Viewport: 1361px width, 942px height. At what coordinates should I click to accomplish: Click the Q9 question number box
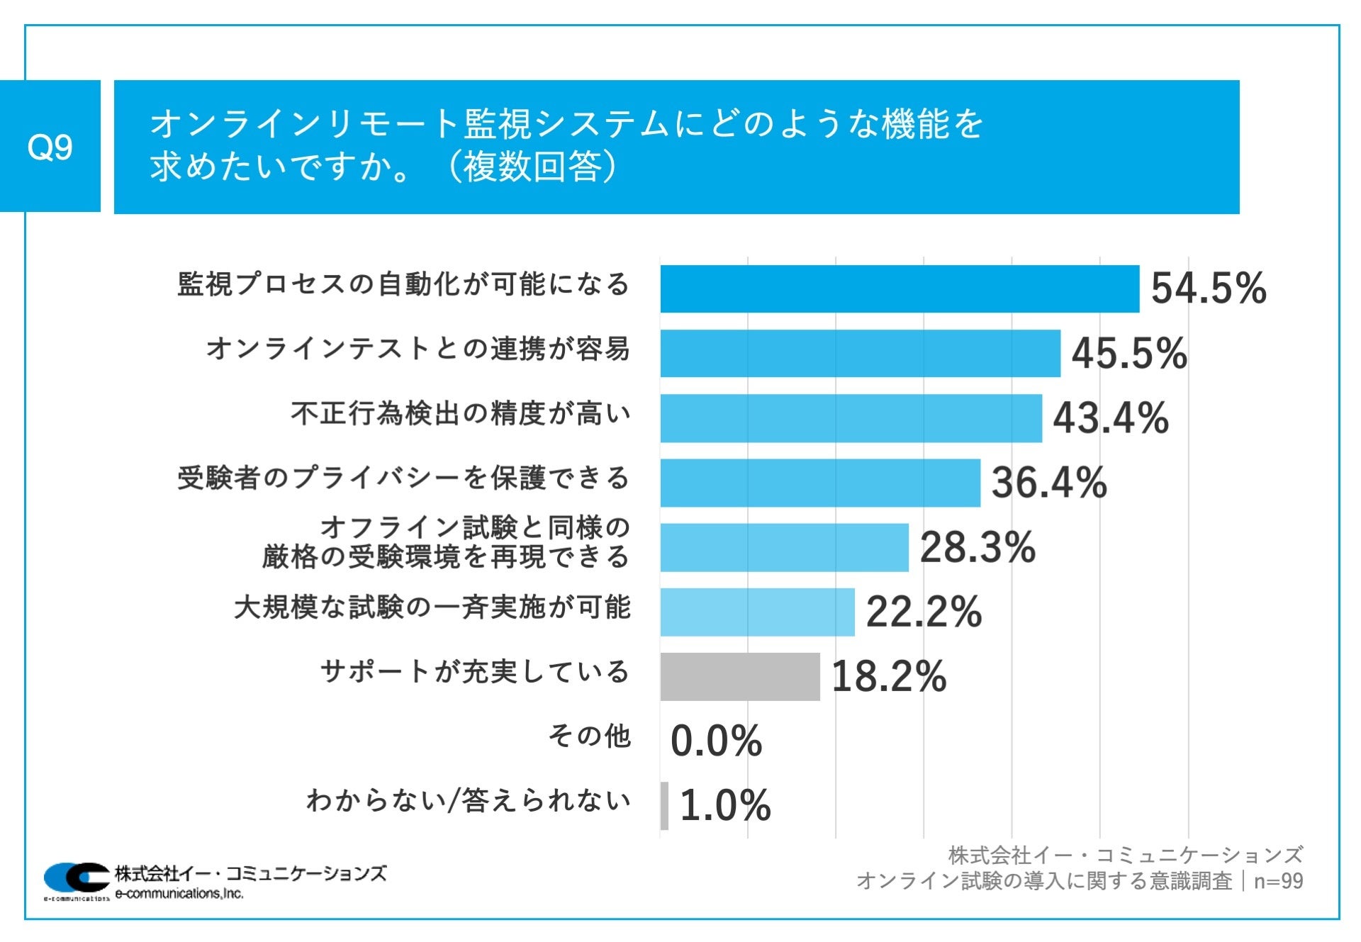50,146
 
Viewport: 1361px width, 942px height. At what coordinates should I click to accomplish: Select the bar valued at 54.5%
899,288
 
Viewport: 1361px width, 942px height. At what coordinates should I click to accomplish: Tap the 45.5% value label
1128,353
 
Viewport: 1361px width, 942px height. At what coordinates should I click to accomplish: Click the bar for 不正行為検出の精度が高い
851,418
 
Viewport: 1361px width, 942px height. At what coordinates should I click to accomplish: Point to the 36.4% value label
1048,482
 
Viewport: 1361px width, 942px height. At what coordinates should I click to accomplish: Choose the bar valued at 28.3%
784,547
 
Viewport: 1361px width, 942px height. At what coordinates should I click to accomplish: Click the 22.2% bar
757,612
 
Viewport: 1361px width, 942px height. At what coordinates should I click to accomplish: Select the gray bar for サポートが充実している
739,676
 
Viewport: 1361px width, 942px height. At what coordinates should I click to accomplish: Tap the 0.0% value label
715,741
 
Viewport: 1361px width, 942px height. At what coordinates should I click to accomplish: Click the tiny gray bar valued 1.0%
664,805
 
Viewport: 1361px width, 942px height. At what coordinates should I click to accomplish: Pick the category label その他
589,736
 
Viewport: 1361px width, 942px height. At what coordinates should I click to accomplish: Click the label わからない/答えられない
468,800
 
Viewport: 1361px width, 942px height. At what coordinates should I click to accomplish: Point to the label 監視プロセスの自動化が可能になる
403,284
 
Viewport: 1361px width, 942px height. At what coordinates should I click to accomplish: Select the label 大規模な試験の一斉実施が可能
432,607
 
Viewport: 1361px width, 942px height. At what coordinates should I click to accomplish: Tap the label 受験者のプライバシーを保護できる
403,478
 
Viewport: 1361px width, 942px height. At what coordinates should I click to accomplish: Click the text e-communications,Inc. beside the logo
179,894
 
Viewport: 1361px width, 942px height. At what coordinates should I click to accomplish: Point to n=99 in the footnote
1278,881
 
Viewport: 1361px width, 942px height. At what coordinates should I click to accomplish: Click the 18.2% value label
888,676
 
